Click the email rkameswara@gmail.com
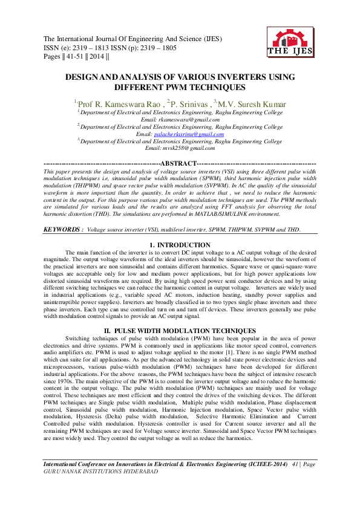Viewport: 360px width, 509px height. (180, 120)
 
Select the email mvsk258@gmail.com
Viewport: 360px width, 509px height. (180, 148)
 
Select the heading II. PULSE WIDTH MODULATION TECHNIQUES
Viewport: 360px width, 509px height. (180, 331)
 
